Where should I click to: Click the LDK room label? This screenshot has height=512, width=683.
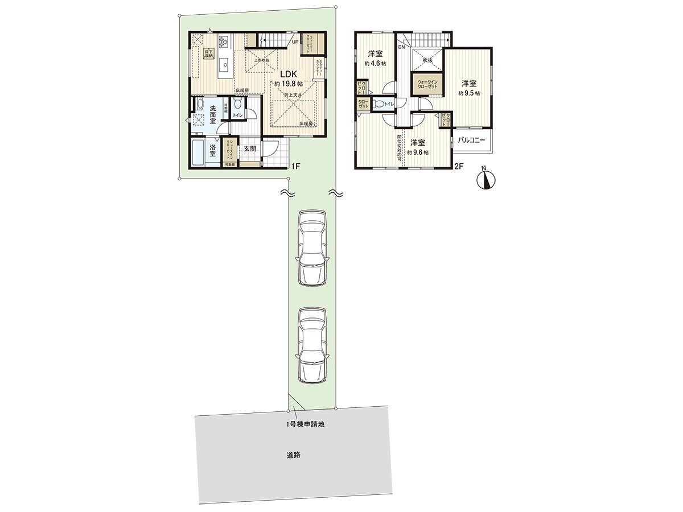click(x=287, y=73)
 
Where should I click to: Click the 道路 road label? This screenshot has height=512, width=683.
click(x=293, y=455)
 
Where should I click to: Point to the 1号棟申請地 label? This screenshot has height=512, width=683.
click(x=306, y=424)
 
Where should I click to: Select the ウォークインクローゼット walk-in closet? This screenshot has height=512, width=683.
click(x=427, y=85)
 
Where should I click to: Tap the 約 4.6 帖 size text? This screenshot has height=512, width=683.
click(x=375, y=64)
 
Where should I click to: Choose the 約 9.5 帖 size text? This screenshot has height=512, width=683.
click(x=470, y=93)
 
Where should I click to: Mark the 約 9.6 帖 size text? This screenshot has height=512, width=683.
click(x=418, y=152)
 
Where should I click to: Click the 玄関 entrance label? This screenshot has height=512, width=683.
click(x=249, y=148)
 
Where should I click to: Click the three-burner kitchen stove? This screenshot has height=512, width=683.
click(x=222, y=40)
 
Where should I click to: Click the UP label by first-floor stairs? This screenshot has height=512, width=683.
click(x=295, y=42)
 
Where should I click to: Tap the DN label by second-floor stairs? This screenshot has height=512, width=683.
click(x=402, y=48)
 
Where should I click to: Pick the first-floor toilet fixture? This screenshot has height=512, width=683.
click(x=238, y=104)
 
